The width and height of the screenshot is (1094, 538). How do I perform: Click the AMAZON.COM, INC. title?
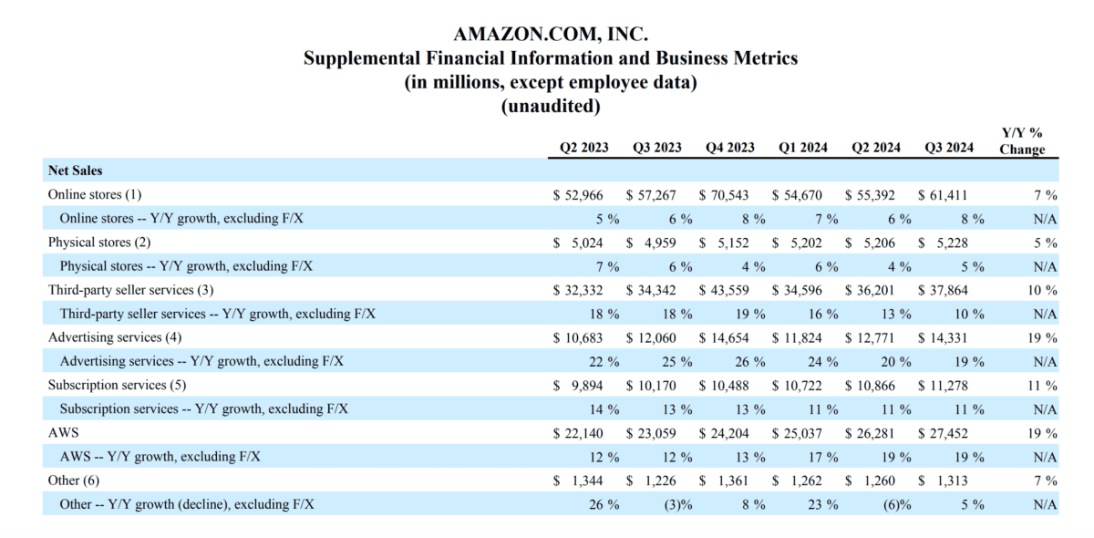tap(551, 35)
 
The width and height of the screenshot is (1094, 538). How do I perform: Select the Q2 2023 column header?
tap(584, 148)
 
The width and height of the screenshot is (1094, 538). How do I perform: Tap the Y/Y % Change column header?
tap(1022, 141)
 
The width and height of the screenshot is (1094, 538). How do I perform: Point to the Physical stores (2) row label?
tap(98, 243)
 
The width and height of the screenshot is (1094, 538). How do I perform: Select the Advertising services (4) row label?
tap(108, 337)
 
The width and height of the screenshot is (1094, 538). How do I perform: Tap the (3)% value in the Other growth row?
tap(676, 504)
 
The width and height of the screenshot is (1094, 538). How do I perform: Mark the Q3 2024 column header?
tap(949, 148)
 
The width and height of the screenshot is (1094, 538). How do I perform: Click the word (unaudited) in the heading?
tap(551, 106)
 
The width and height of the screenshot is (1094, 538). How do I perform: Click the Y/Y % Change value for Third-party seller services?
tap(1041, 290)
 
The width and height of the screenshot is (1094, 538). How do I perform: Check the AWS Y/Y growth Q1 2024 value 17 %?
tap(822, 457)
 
